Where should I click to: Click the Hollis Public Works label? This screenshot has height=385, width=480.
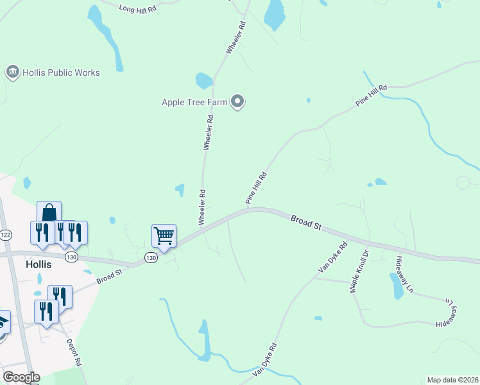tap(62, 73)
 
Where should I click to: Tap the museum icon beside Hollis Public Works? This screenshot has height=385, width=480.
tap(12, 72)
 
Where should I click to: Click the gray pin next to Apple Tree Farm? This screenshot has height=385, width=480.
tap(238, 101)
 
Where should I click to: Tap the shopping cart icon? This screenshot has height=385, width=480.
tap(164, 235)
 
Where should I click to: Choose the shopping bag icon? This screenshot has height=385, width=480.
tap(49, 212)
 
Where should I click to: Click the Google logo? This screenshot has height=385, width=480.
tap(21, 377)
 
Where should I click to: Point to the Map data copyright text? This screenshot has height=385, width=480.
tap(452, 380)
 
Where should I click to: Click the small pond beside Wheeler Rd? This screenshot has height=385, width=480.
tap(203, 81)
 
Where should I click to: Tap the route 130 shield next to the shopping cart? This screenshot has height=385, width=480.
tap(151, 257)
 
